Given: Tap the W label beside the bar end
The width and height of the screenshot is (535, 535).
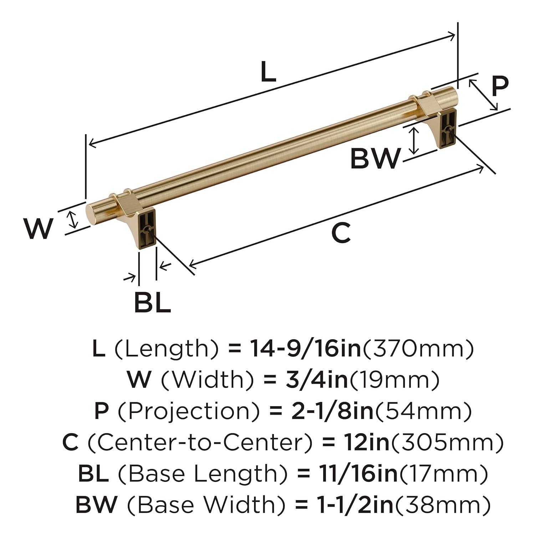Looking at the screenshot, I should [x=39, y=229].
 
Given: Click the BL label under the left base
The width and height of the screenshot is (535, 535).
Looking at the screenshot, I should [x=152, y=302].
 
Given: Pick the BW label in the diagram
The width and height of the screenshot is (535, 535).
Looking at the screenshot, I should [x=375, y=159].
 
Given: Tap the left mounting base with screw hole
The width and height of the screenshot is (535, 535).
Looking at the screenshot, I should [x=146, y=228].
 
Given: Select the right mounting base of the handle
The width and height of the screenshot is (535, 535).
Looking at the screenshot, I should [x=448, y=128].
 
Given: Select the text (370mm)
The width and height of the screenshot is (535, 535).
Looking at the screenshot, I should [x=418, y=348].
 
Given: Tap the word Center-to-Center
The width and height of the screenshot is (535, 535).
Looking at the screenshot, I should [x=199, y=442].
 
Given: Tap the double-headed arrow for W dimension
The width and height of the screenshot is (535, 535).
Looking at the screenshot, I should [x=73, y=219].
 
